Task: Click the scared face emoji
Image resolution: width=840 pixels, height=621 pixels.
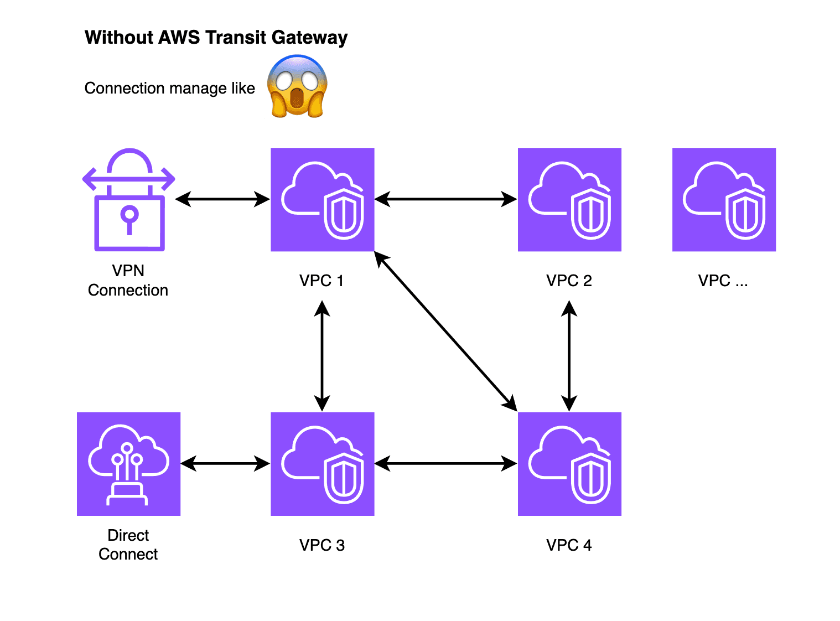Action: (x=297, y=86)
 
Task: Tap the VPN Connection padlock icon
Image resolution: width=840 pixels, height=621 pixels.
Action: (x=129, y=200)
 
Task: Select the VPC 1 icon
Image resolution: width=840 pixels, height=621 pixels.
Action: (x=322, y=200)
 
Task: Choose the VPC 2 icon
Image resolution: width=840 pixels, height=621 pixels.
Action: (x=569, y=200)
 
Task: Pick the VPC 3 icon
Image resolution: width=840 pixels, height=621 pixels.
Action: (x=322, y=464)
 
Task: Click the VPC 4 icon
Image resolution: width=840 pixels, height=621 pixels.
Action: (x=569, y=464)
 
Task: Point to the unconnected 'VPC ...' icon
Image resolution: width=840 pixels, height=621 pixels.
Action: (x=724, y=200)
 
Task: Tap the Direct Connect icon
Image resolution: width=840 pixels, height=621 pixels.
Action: (x=128, y=464)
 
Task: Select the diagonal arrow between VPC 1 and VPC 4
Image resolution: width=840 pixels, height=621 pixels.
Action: (x=445, y=331)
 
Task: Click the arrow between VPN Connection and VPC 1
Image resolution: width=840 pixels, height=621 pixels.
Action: (x=222, y=199)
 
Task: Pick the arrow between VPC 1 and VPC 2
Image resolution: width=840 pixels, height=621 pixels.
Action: (x=445, y=199)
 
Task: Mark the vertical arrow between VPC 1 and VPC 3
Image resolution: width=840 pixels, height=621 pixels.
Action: (x=322, y=355)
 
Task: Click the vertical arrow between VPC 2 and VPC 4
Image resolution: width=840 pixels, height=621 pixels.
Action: (x=569, y=355)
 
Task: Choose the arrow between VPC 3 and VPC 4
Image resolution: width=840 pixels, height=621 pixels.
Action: (x=445, y=463)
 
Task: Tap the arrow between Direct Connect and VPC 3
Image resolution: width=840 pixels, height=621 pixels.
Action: (x=225, y=463)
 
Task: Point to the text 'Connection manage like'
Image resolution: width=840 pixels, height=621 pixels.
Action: (x=169, y=89)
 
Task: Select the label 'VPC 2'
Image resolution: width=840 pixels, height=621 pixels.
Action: (x=569, y=281)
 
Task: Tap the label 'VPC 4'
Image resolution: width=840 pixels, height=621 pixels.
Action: (x=569, y=545)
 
